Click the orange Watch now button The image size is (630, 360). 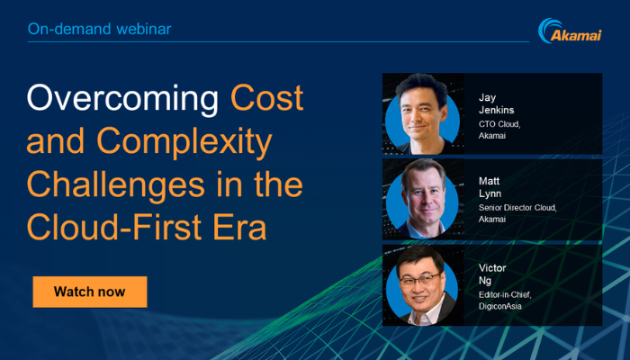(90, 292)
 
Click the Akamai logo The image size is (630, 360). (570, 31)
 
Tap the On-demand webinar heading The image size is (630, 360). (100, 29)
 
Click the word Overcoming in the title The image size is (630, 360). (122, 98)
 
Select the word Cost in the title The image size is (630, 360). (266, 97)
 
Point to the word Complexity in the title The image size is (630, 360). (184, 143)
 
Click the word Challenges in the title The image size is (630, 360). (116, 184)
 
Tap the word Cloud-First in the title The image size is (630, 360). (114, 227)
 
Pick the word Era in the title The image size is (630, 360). (239, 227)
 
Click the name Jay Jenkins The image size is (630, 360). (496, 103)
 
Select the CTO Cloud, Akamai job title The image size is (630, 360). (499, 130)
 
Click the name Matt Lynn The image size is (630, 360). (490, 187)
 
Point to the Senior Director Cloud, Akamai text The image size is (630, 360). (517, 213)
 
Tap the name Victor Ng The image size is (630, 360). (492, 274)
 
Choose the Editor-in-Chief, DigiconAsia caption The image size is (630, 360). (505, 301)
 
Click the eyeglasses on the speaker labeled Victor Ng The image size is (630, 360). (420, 279)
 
